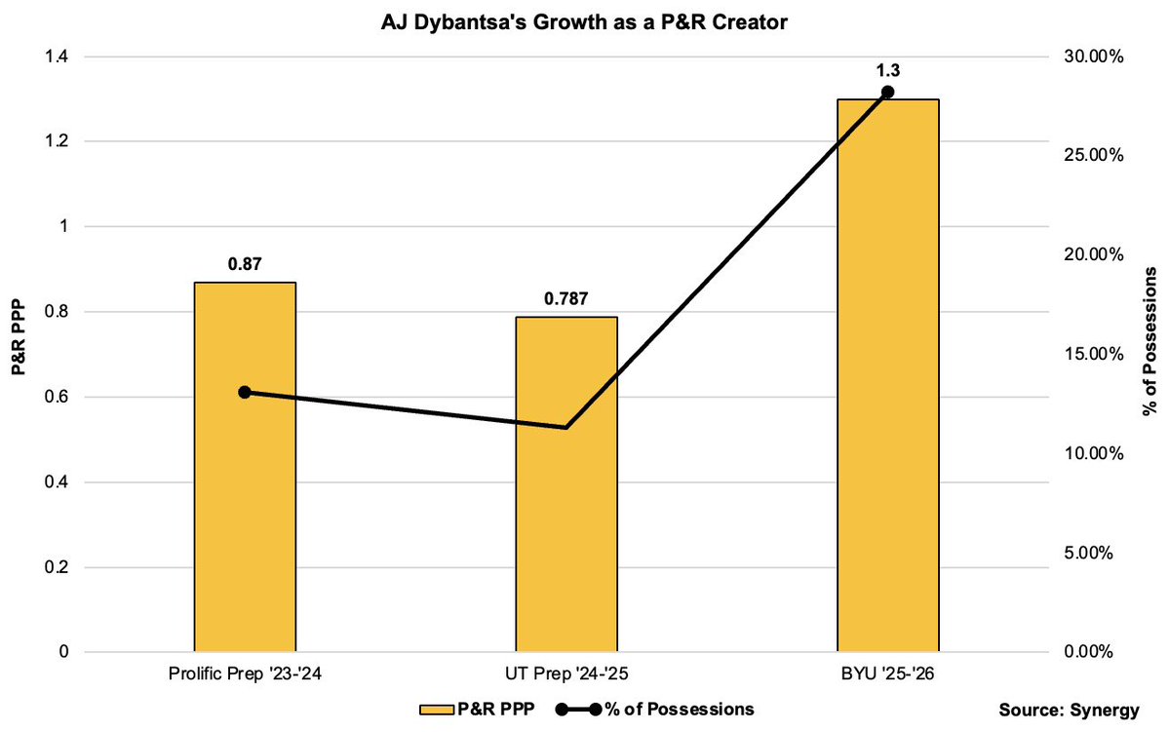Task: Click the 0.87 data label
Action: pyautogui.click(x=245, y=263)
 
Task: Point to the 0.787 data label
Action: pyautogui.click(x=566, y=298)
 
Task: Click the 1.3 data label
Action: pyautogui.click(x=887, y=69)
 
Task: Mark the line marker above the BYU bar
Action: pyautogui.click(x=887, y=93)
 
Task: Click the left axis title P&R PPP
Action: pyautogui.click(x=17, y=354)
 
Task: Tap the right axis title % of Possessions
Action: pyautogui.click(x=1151, y=354)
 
